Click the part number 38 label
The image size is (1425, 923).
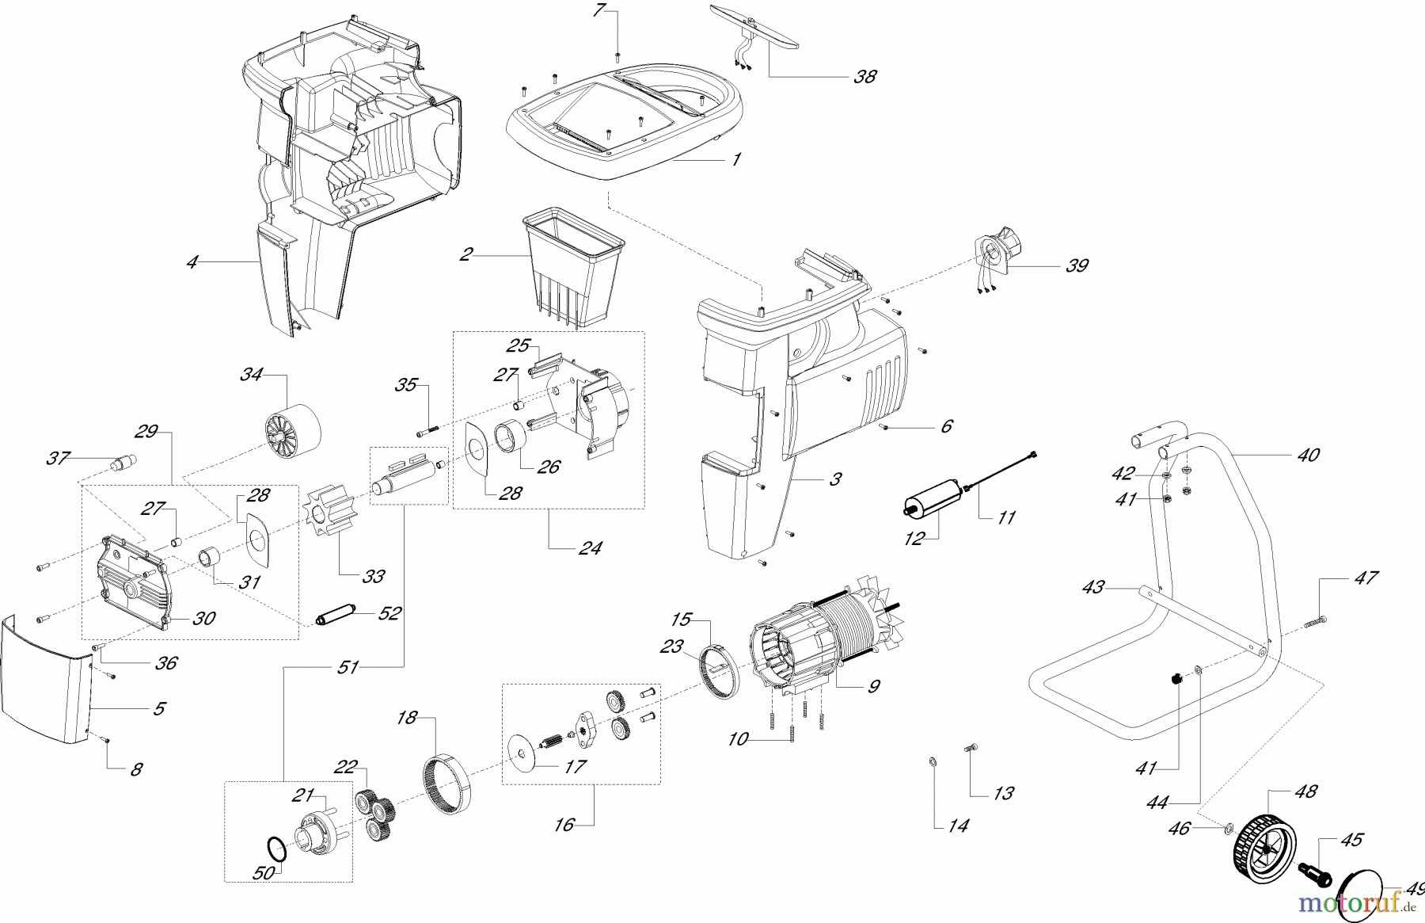pos(865,77)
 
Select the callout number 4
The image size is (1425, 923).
pos(192,261)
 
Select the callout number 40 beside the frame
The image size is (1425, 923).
pos(1309,455)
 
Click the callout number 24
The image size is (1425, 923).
pos(590,547)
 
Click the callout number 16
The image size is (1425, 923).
pos(564,825)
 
